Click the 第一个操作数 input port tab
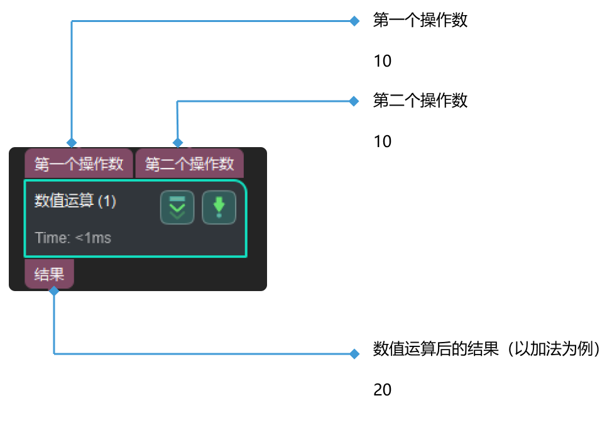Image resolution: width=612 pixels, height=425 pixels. (x=79, y=164)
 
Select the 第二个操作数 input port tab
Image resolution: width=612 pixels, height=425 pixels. (x=189, y=164)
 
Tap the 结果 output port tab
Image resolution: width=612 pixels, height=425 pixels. (x=49, y=275)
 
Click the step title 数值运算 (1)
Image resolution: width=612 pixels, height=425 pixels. (x=75, y=201)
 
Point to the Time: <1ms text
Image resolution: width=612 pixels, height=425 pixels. (x=73, y=238)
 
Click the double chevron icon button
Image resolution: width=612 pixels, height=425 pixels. (x=177, y=207)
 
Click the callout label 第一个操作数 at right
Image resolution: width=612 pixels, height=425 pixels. (x=420, y=21)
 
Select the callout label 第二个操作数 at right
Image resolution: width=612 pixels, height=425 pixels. (x=420, y=101)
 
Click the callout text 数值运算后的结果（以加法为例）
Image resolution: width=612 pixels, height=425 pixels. (x=487, y=350)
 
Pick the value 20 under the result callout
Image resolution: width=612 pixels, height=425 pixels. (x=382, y=390)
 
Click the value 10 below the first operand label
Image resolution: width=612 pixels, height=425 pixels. (x=382, y=61)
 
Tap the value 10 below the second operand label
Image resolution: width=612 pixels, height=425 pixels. (x=382, y=141)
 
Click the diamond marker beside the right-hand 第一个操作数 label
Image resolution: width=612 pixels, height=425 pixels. (x=354, y=21)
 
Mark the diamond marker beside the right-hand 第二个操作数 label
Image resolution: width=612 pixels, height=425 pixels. (x=354, y=101)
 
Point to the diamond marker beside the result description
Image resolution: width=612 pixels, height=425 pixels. (x=354, y=354)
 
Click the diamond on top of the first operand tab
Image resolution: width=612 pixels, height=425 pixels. (x=72, y=142)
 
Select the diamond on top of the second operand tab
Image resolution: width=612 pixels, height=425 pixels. (x=178, y=142)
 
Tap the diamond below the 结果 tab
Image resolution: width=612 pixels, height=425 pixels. (x=54, y=290)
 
